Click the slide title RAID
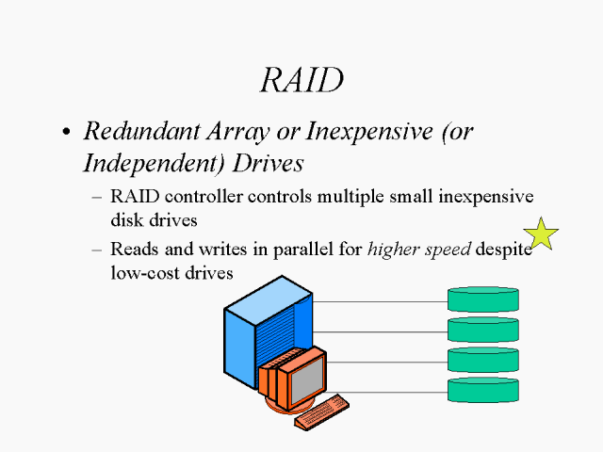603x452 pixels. [301, 80]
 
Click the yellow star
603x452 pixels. [542, 234]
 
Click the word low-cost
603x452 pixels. [146, 271]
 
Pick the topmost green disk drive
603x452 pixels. [483, 300]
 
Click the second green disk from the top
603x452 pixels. [483, 330]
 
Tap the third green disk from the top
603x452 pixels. [483, 360]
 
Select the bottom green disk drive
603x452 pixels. [483, 390]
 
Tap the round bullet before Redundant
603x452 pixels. [66, 133]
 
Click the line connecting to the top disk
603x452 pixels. [377, 302]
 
